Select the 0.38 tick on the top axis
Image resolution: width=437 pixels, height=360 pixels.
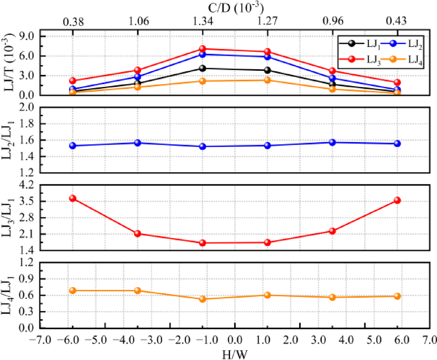pos(73,22)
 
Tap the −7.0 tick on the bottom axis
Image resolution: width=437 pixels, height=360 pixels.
pos(38,340)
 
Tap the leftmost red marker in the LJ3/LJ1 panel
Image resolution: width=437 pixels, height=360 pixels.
pos(73,198)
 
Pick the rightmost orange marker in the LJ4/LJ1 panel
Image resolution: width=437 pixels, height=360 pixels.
pos(397,296)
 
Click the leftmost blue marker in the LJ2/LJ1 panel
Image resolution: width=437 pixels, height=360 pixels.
pos(73,146)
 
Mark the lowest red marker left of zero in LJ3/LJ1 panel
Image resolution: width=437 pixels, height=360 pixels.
pos(202,243)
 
